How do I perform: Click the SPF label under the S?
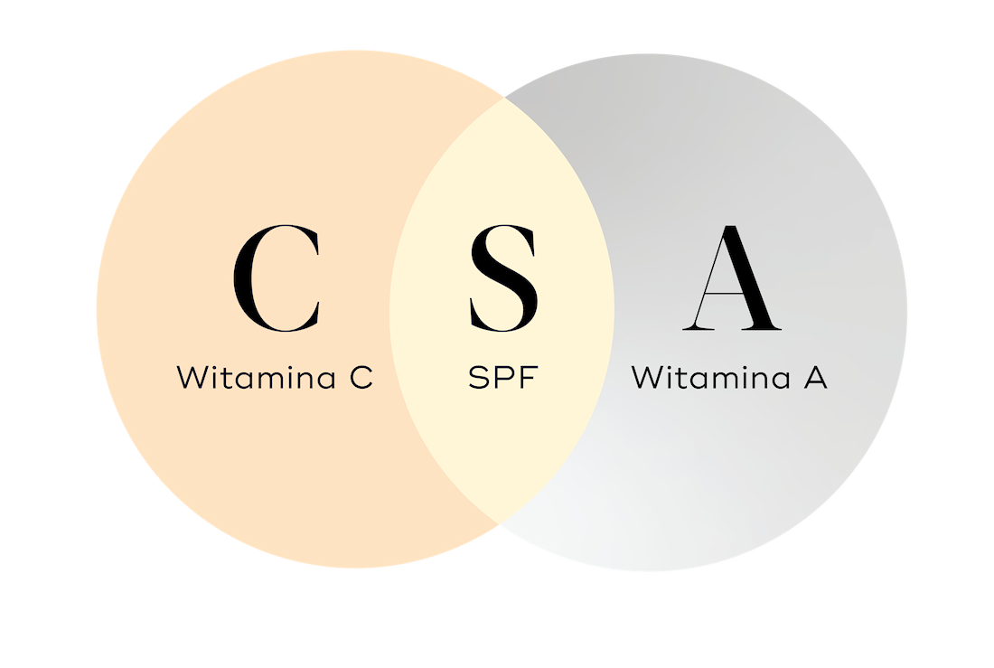pos(502,378)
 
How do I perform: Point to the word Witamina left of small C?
pos(256,377)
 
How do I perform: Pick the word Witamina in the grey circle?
pos(710,377)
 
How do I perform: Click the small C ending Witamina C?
pos(361,378)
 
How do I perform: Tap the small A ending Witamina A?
pos(816,378)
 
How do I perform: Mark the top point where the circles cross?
pos(504,98)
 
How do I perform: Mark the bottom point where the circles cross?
pos(500,522)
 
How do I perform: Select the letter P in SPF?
pos(504,378)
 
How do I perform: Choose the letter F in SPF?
pos(529,378)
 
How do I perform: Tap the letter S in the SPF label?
pos(479,378)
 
